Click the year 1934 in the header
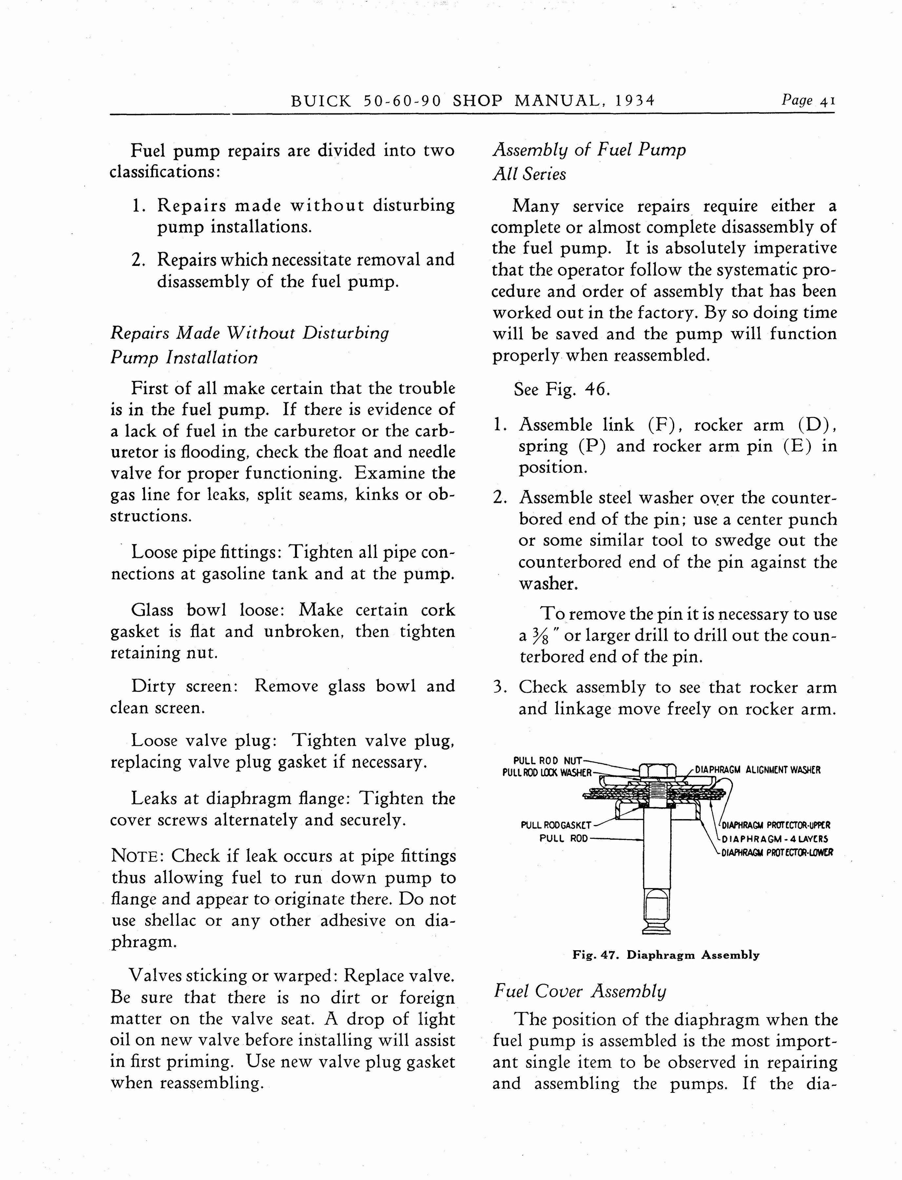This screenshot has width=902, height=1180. coord(635,101)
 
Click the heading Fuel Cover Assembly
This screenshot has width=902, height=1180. coord(579,991)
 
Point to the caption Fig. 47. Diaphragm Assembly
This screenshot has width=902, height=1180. coord(666,954)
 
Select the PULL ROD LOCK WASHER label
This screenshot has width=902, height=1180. coord(547,773)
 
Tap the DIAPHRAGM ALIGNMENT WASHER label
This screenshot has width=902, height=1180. coord(757,770)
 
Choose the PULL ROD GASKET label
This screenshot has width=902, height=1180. coord(556,825)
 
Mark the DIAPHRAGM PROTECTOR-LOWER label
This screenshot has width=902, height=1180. coord(777,852)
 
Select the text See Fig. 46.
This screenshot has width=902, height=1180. coord(561,389)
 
